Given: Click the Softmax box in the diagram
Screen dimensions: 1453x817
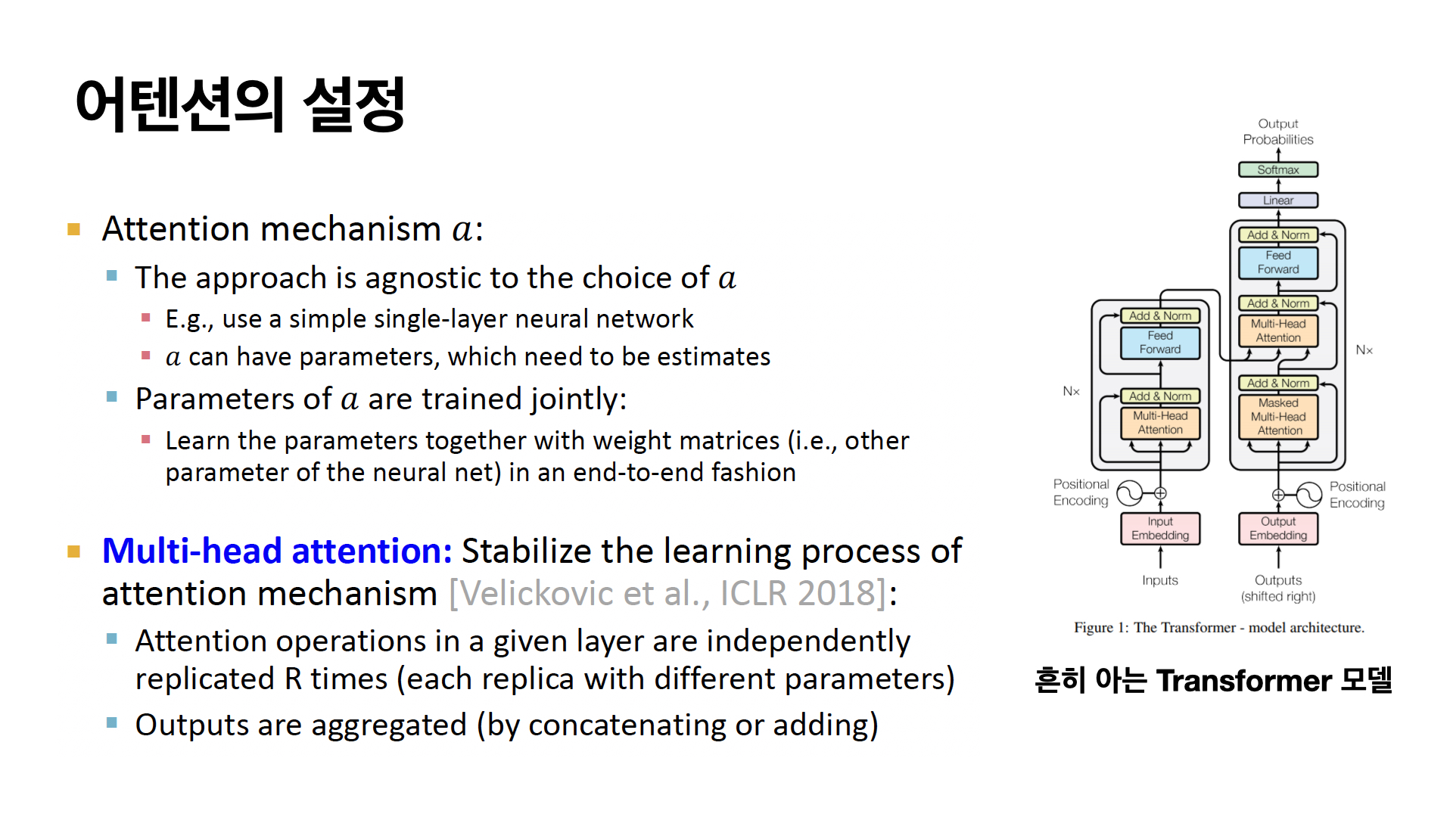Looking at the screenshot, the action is (1278, 169).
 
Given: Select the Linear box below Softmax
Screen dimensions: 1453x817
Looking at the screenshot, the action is (1278, 200).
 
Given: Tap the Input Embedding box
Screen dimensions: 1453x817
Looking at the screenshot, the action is (1160, 528).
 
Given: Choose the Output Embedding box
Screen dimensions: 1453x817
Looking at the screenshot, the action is (1278, 528).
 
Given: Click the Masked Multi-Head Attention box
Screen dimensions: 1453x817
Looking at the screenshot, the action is (1278, 417).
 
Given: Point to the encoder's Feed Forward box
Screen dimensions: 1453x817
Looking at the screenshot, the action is (1160, 343).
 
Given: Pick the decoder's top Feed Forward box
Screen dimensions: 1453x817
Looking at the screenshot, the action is (1278, 262).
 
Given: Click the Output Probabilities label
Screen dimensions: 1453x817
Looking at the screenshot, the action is (1278, 132).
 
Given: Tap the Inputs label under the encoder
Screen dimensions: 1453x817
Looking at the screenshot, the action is (1160, 580).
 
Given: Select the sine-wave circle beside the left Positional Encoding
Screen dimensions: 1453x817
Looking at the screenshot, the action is (1130, 493).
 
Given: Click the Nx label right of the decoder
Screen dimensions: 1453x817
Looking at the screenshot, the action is (1364, 349).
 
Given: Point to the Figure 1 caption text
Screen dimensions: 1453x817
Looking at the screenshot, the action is (1219, 627).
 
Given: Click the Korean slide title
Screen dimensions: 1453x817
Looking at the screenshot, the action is (241, 104).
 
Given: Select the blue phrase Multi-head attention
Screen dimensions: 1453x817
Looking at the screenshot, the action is (277, 551).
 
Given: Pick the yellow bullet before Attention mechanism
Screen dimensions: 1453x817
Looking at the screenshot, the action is (74, 229).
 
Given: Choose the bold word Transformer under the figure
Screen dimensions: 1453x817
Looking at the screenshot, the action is (1244, 681).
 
